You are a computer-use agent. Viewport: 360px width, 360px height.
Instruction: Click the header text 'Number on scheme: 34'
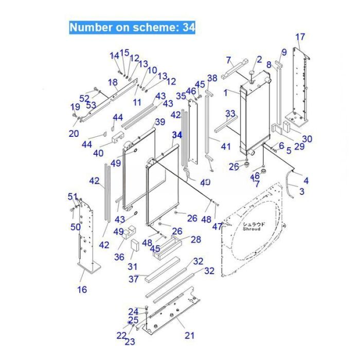(x=132, y=27)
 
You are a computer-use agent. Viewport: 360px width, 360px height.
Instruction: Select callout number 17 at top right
(x=300, y=37)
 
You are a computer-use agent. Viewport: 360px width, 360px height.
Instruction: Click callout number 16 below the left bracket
(x=82, y=290)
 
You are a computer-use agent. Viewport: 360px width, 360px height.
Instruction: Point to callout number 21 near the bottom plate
(x=190, y=335)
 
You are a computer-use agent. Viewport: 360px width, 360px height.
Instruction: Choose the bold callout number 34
(x=177, y=134)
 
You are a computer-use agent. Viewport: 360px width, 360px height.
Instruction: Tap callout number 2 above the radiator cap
(x=259, y=60)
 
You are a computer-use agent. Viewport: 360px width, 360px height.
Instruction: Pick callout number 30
(x=307, y=139)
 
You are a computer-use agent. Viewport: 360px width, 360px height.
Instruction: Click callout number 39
(x=159, y=122)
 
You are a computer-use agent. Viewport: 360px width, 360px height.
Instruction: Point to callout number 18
(x=113, y=82)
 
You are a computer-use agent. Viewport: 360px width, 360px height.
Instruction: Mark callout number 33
(x=230, y=113)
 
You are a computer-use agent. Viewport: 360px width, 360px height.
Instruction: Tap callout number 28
(x=196, y=239)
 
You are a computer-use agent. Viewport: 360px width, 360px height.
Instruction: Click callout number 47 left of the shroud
(x=217, y=226)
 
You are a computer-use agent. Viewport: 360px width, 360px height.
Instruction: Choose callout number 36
(x=119, y=257)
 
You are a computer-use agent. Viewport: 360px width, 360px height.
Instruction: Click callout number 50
(x=76, y=227)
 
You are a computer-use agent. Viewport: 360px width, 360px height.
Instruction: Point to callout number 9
(x=283, y=52)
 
